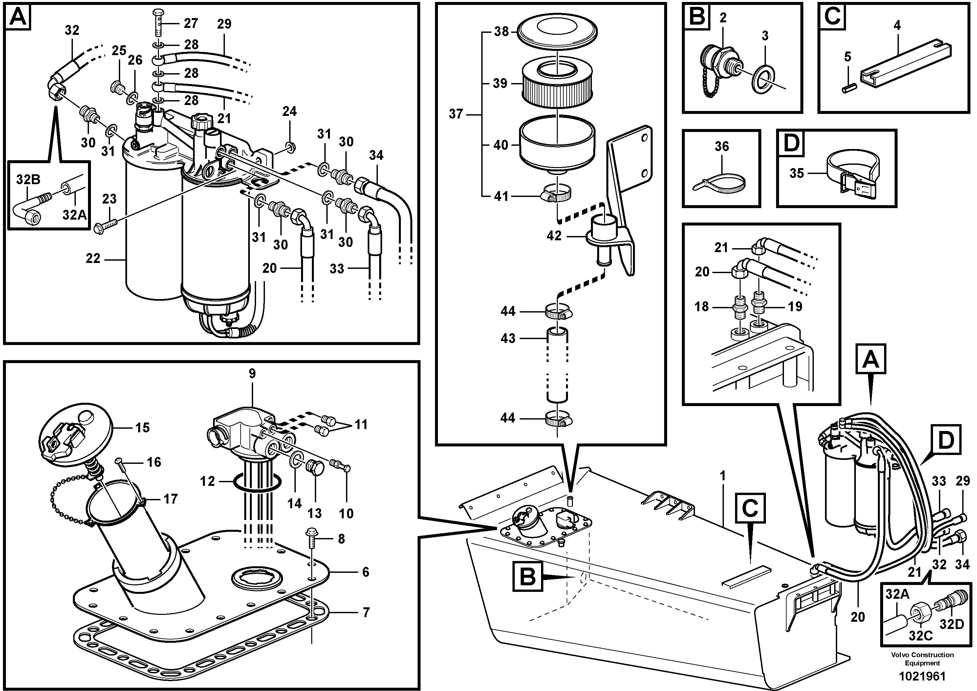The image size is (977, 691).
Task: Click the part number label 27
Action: (191, 23)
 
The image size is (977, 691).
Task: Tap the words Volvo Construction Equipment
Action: (922, 659)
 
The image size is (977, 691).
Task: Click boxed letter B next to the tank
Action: (528, 577)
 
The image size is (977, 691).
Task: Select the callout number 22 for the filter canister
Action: (93, 258)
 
